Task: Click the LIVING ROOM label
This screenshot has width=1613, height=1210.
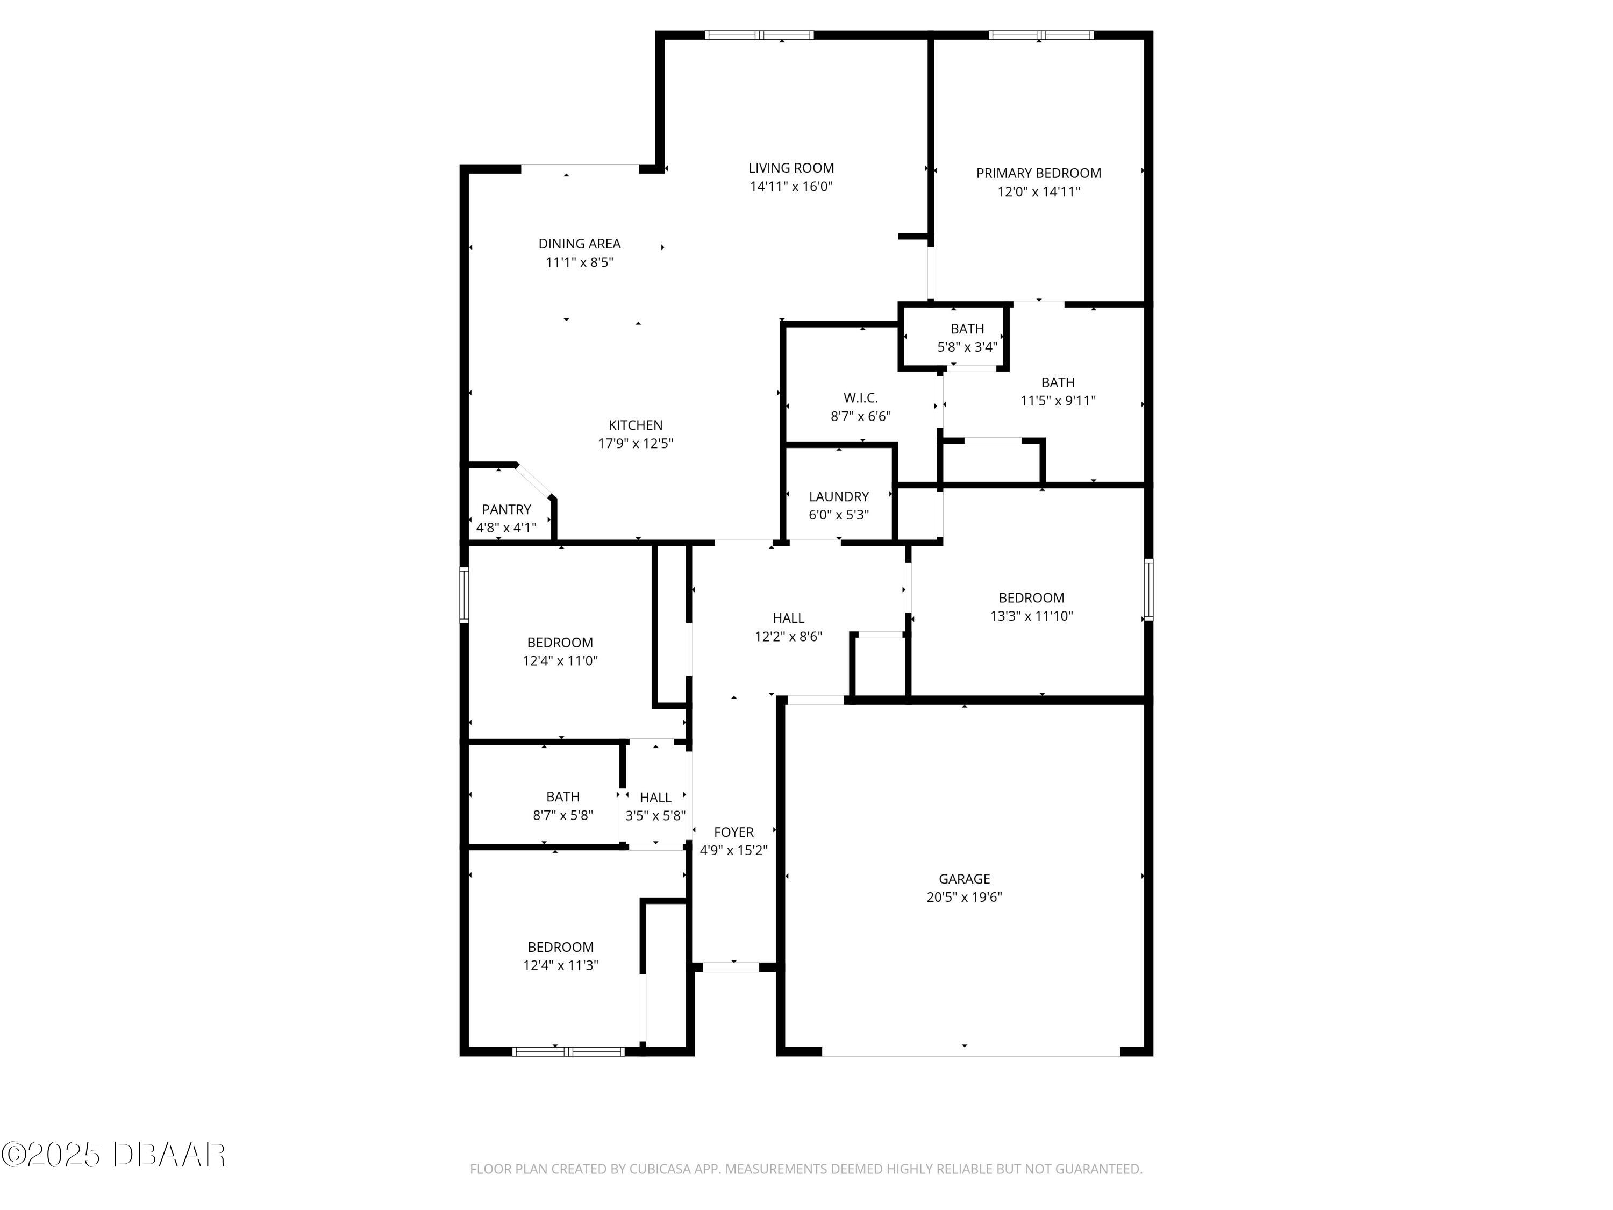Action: coord(791,168)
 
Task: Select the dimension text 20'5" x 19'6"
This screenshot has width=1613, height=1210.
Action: coord(964,897)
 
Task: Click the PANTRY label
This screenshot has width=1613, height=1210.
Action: coord(506,510)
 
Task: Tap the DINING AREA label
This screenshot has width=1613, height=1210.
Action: coord(580,244)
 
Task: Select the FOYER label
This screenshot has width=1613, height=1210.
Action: coord(733,832)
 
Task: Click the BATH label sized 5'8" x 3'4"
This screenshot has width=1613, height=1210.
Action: coord(967,329)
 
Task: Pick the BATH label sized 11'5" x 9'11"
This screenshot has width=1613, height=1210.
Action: coord(1058,382)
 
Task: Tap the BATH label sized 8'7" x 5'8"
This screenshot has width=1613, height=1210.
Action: coord(563,797)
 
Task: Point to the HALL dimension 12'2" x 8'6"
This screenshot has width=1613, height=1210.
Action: coord(788,637)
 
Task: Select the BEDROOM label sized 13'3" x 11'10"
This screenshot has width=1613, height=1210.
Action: coord(1031,598)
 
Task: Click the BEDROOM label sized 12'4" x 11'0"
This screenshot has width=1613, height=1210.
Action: coord(560,643)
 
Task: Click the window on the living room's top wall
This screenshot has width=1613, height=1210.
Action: coord(759,35)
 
